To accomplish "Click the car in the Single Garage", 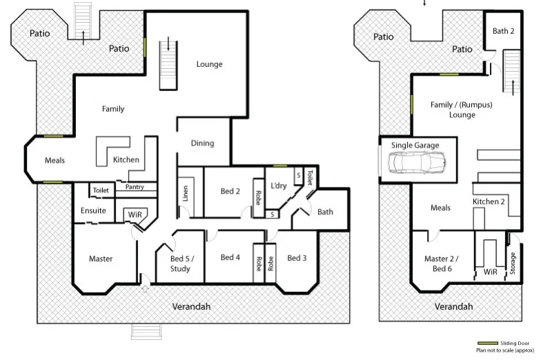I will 417,163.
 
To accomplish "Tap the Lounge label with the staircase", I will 209,64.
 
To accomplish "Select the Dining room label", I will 202,143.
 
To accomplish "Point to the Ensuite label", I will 93,210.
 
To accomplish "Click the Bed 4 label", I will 230,257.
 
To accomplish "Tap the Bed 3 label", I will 297,257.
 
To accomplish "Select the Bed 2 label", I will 230,191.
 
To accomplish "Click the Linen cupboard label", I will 186,194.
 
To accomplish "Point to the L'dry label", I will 279,186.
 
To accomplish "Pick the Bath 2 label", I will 503,31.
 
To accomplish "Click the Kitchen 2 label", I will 489,201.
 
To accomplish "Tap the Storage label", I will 513,263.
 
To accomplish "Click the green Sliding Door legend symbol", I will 487,343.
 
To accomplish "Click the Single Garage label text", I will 415,146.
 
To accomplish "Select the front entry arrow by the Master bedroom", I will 144,289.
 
